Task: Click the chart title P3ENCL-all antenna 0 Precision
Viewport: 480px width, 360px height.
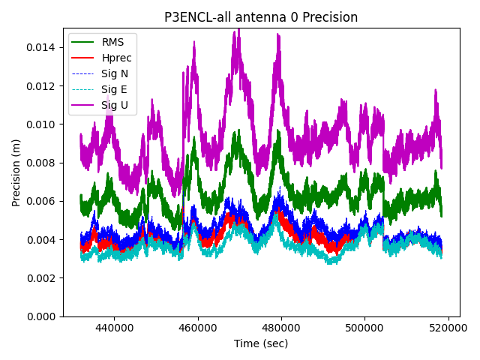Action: point(261,17)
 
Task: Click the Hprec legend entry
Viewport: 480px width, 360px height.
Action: point(116,58)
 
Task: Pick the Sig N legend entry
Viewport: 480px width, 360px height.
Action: point(115,73)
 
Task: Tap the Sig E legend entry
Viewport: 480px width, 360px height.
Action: point(114,89)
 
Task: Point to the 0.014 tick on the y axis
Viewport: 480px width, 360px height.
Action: point(42,48)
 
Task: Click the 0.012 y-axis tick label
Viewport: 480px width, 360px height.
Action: point(42,86)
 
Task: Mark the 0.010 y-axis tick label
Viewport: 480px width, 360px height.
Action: point(42,124)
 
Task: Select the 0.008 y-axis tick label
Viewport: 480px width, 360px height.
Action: point(42,163)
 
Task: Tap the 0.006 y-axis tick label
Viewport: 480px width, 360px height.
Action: point(42,201)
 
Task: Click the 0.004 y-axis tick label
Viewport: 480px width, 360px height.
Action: point(42,240)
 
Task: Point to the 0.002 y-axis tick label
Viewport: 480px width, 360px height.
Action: point(42,278)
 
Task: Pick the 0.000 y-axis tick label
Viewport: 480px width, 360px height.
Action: point(42,316)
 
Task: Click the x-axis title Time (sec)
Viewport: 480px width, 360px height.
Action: point(260,343)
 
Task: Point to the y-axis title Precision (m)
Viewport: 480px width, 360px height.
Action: point(16,172)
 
